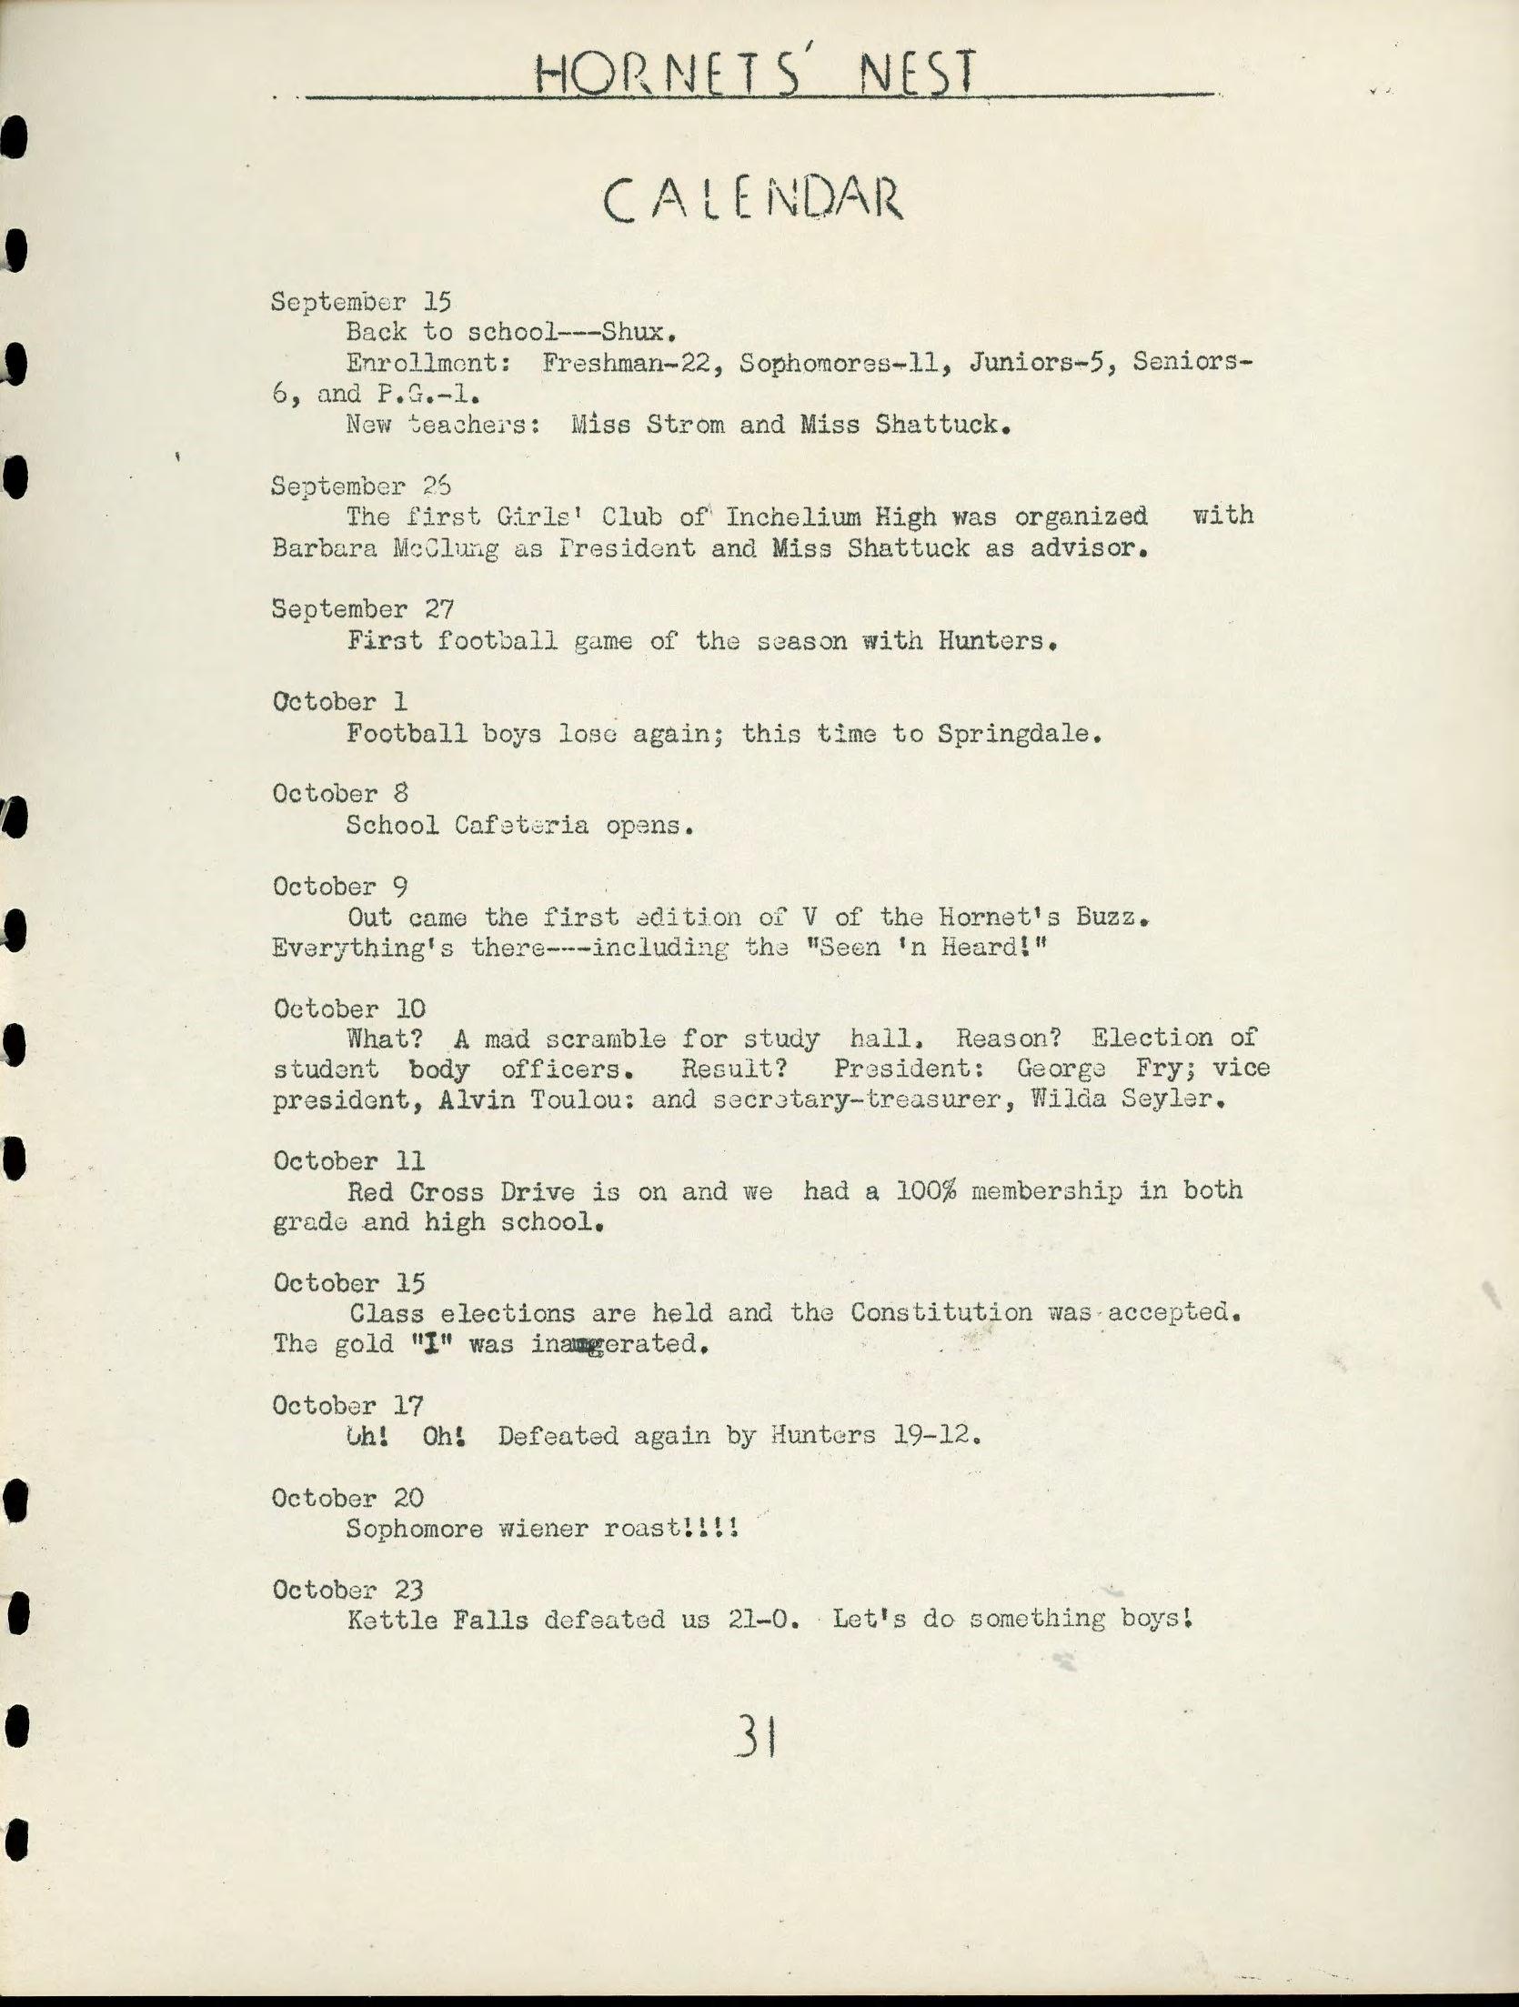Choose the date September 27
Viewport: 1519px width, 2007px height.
point(362,608)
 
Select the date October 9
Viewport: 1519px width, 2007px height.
point(340,886)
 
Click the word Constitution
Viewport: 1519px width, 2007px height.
point(941,1312)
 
